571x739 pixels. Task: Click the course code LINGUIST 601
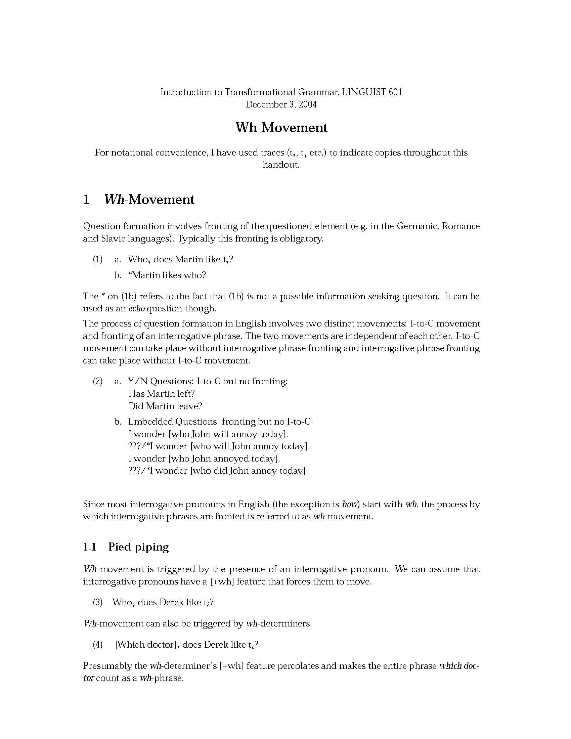372,92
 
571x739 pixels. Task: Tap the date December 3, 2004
281,104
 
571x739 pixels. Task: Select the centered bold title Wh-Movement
281,128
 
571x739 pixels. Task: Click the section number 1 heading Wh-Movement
149,200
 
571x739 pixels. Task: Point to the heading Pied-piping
138,547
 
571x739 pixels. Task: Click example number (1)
97,260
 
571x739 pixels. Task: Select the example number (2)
97,381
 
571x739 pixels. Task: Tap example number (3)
97,602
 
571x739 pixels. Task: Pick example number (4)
97,645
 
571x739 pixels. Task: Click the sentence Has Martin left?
162,394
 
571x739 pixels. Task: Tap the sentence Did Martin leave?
165,406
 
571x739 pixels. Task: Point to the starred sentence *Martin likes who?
167,275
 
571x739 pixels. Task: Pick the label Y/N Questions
160,381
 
